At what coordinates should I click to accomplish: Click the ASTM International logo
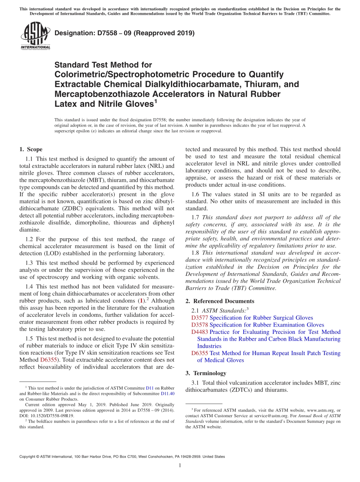[x=35, y=36]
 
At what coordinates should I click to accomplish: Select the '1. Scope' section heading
[x=31, y=149]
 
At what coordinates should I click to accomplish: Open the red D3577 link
[x=200, y=318]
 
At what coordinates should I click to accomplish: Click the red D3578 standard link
[x=200, y=325]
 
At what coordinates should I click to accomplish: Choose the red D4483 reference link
[x=200, y=332]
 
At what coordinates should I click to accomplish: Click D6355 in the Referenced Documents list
[x=200, y=353]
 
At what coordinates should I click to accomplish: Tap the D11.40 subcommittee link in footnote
[x=168, y=393]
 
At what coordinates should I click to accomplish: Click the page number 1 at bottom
[x=180, y=466]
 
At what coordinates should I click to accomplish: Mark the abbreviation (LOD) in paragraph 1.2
[x=58, y=253]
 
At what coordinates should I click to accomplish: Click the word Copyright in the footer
[x=28, y=457]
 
